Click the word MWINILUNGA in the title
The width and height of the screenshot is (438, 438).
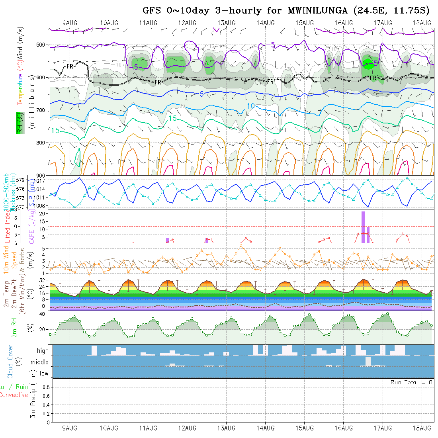[x=313, y=11]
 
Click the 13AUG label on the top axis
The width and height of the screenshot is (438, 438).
[x=226, y=23]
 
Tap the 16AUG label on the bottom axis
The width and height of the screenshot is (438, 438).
[x=344, y=428]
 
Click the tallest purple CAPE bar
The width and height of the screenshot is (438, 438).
[x=363, y=227]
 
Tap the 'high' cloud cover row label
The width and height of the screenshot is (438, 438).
[x=43, y=351]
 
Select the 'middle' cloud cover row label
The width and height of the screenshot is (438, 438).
[x=40, y=362]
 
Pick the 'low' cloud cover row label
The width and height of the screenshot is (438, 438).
[x=44, y=373]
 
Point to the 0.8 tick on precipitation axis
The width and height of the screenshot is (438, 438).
[x=45, y=387]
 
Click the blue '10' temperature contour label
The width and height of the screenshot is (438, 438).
[x=251, y=106]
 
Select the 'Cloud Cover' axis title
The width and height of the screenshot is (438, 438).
[x=10, y=362]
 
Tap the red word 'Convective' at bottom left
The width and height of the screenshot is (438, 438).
[x=14, y=395]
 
